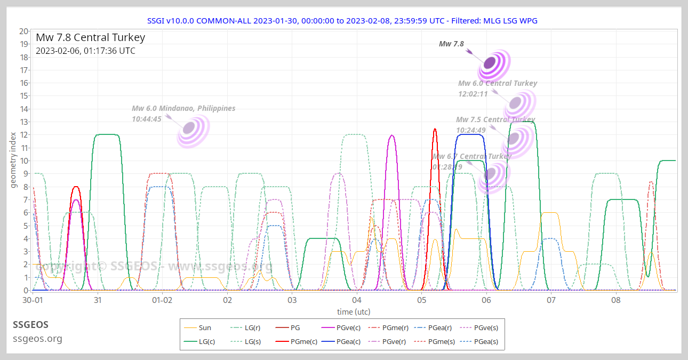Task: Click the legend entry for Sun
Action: (204, 328)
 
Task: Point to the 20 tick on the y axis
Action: (23, 31)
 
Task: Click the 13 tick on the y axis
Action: (23, 122)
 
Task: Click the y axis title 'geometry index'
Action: (13, 160)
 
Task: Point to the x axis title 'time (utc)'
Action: (354, 311)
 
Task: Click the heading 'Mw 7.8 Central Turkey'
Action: (90, 38)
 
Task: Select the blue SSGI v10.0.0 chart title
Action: (342, 20)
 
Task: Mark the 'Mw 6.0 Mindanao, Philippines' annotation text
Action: (183, 108)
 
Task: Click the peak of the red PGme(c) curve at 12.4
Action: (435, 129)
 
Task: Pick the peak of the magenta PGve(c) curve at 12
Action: (392, 135)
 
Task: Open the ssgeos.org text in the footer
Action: (37, 338)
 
